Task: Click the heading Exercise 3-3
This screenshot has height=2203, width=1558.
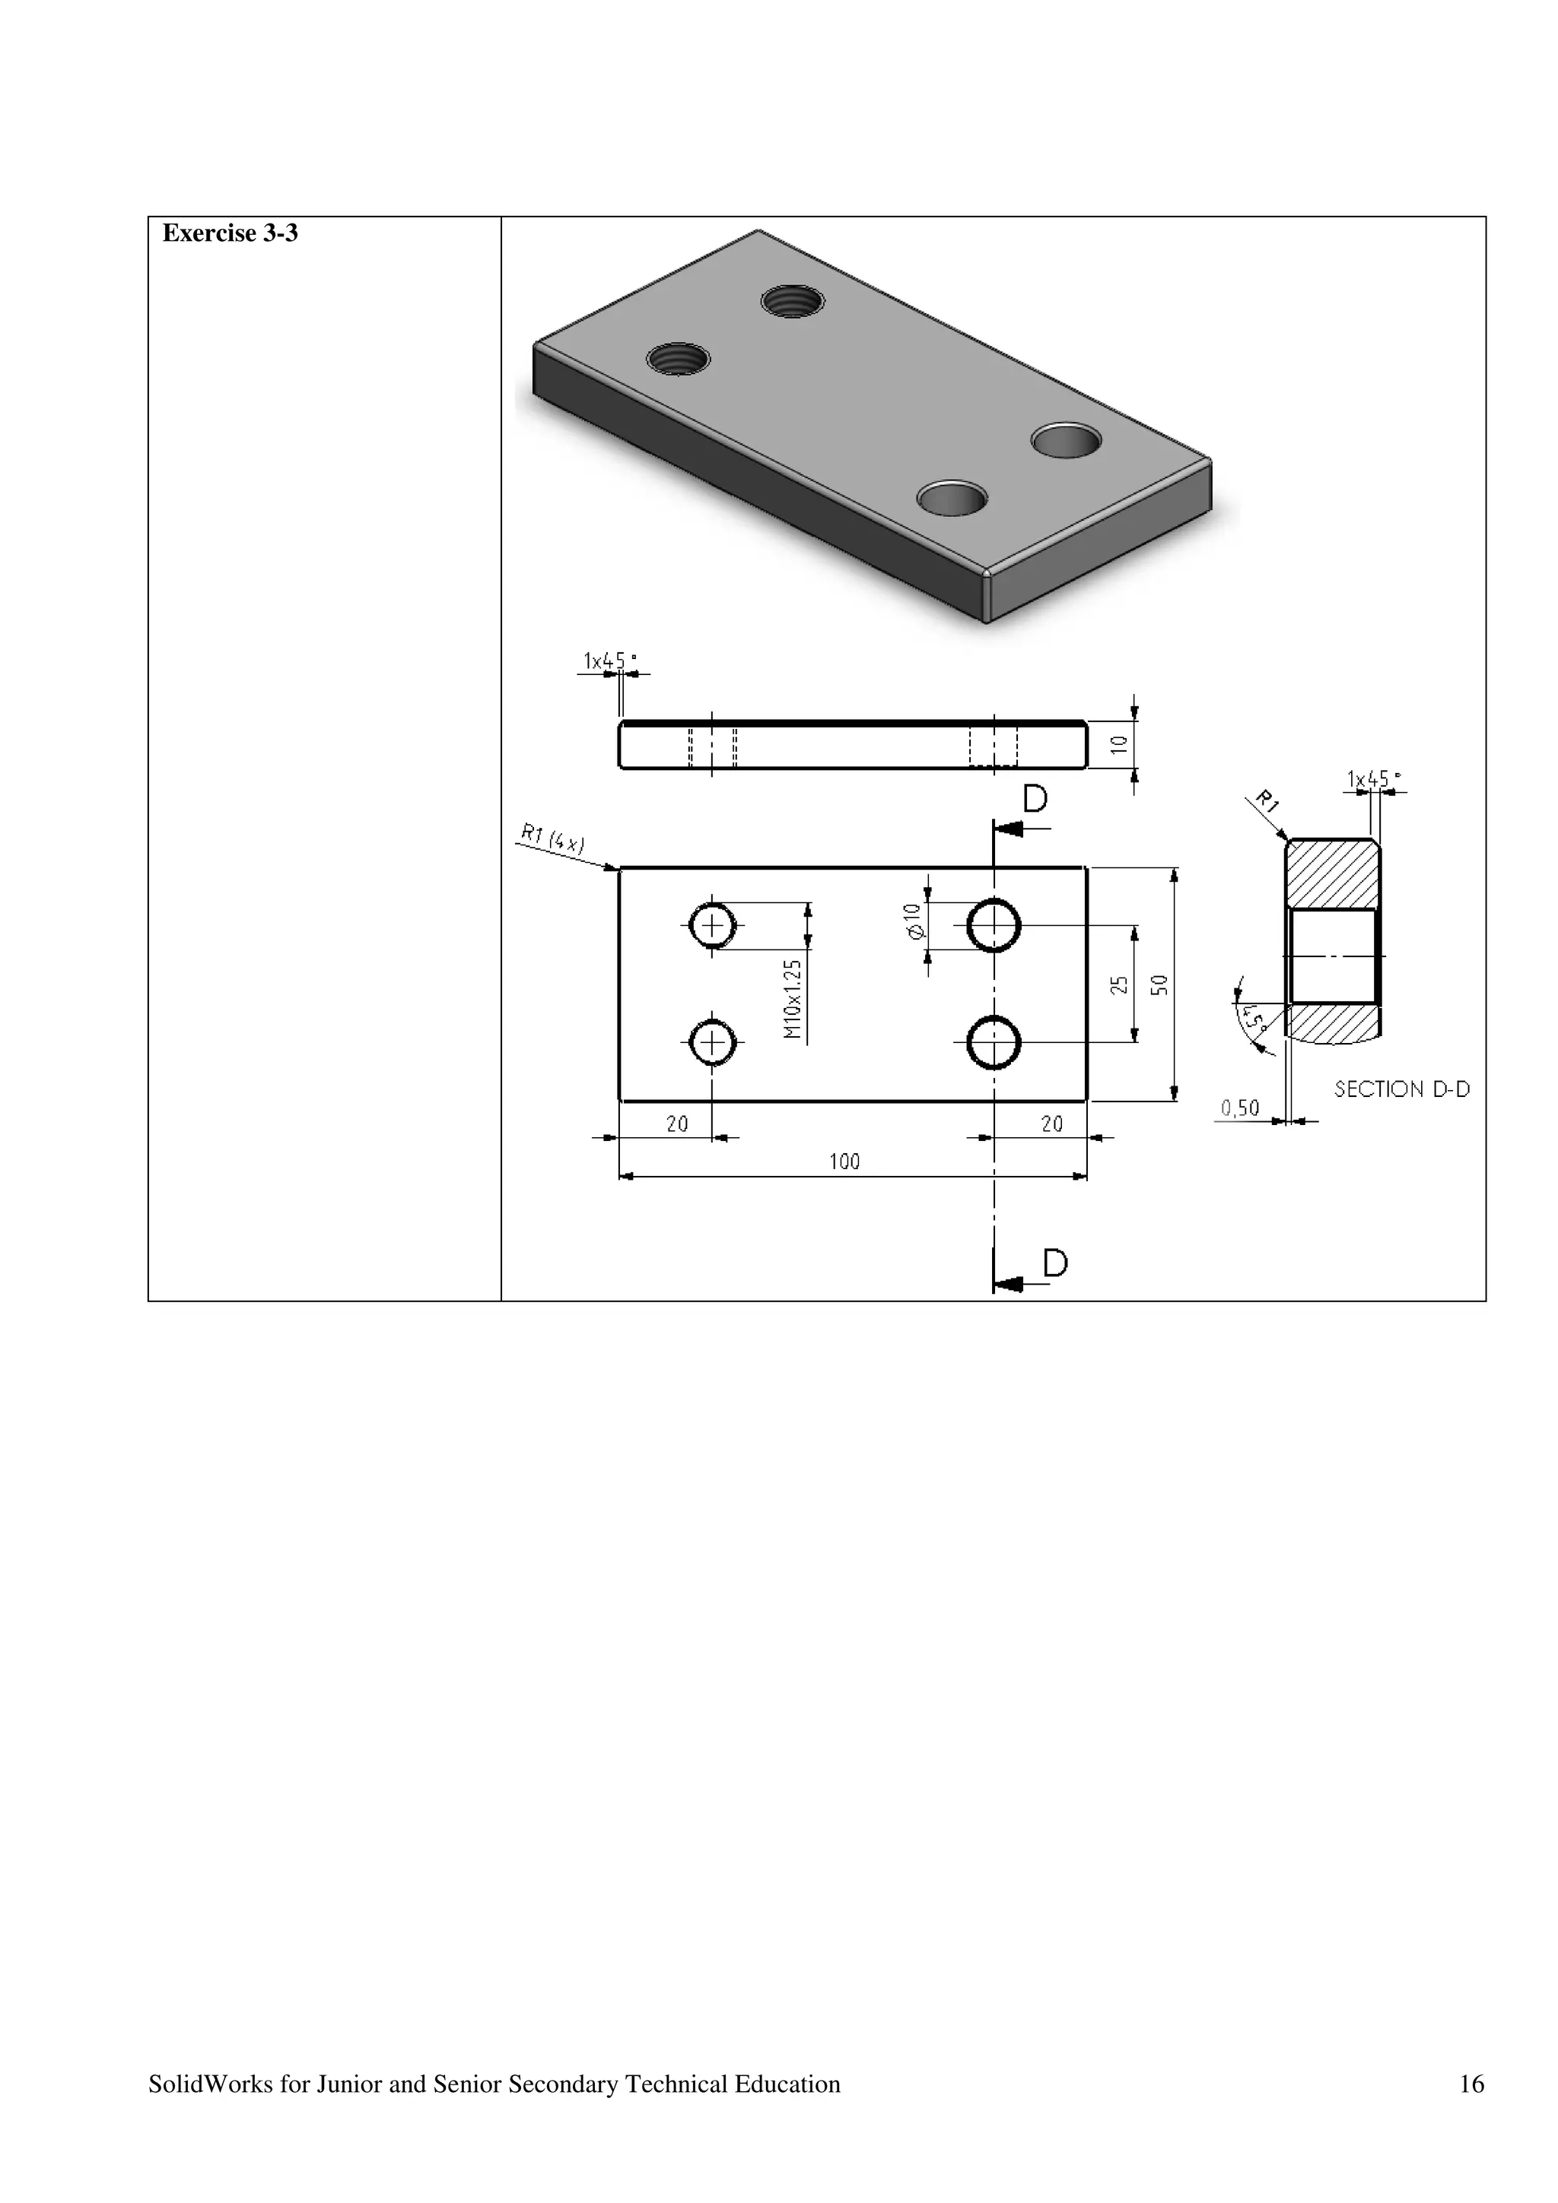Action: pos(230,233)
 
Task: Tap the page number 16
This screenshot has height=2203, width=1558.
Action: pos(1471,2083)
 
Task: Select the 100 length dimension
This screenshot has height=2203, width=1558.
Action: pos(844,1162)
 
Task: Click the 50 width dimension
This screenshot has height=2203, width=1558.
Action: pos(1159,984)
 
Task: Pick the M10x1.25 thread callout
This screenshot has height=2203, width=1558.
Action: pos(792,999)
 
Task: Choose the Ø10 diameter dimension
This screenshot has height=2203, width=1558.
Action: pos(913,921)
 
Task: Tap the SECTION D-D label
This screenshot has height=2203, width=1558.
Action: pos(1401,1089)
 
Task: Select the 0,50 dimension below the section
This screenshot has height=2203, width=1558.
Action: pos(1239,1108)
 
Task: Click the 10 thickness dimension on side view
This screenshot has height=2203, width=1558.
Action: pos(1119,744)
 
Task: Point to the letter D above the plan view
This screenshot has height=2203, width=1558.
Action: pos(1035,798)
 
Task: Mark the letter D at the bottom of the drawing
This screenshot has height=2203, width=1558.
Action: pos(1055,1263)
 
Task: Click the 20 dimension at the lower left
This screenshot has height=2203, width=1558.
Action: pos(677,1124)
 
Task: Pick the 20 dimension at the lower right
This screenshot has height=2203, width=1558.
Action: pos(1052,1124)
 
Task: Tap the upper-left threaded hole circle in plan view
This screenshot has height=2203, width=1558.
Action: pos(712,926)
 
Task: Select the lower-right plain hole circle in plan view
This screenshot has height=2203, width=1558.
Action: pos(994,1043)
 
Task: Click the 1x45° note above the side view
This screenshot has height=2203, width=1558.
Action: pos(609,661)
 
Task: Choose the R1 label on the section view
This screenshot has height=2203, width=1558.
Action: pos(1268,801)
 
